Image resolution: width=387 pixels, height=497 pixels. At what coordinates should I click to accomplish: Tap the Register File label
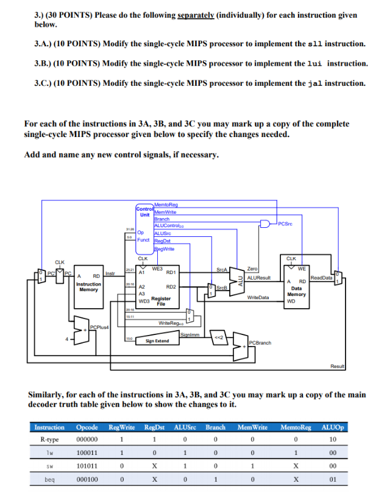click(162, 300)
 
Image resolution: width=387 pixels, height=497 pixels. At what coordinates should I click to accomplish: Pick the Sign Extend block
click(158, 341)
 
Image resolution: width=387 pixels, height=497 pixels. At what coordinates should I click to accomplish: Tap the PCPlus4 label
click(98, 328)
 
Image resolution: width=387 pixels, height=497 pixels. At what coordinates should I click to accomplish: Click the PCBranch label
click(260, 342)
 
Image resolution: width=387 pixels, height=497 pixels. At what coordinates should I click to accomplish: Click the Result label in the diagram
click(337, 366)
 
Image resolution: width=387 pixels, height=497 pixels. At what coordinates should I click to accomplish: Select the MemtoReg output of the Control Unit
click(166, 205)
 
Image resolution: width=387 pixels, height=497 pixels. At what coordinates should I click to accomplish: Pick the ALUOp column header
click(332, 427)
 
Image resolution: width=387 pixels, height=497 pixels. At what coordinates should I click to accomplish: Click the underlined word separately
click(194, 15)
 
